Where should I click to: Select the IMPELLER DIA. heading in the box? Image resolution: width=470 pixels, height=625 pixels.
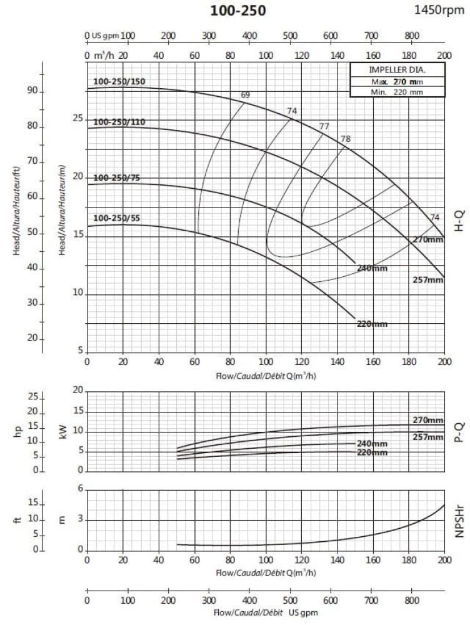[x=396, y=70]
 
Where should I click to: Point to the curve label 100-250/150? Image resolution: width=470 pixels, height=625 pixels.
[x=119, y=81]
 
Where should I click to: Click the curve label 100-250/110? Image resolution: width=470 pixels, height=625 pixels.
[x=119, y=122]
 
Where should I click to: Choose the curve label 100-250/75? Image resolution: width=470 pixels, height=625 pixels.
[x=117, y=178]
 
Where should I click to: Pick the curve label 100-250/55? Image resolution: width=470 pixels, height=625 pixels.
[x=117, y=218]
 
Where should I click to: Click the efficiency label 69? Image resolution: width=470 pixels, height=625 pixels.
[x=245, y=95]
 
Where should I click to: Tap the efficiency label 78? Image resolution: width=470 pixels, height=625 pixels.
[x=345, y=138]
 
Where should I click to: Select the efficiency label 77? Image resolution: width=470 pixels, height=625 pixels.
[x=324, y=126]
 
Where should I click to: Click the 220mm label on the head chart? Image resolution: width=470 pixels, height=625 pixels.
[x=372, y=324]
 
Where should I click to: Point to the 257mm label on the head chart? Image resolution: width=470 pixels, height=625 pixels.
[x=427, y=280]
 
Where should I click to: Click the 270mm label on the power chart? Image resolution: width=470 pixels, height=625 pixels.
[x=427, y=420]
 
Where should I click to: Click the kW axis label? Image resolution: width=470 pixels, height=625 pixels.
[x=62, y=431]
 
